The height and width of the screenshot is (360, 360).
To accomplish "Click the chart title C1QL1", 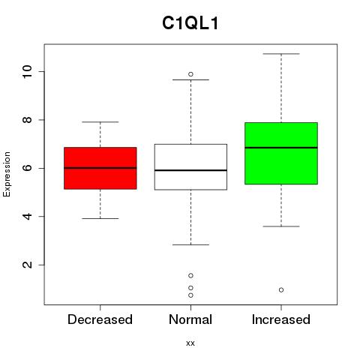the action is point(190,23).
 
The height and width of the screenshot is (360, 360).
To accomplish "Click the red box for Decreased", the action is point(100,168).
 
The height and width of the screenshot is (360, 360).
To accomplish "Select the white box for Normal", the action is point(190,167).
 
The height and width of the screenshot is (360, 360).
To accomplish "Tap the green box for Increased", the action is point(281,153).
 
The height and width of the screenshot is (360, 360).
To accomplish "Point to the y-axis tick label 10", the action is point(28,71).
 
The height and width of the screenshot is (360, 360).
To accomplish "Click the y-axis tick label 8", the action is point(28,120).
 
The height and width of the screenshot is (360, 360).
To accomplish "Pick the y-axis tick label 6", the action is point(28,168).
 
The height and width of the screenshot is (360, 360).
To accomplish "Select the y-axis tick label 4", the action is point(28,216).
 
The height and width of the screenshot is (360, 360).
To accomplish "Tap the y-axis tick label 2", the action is point(28,265).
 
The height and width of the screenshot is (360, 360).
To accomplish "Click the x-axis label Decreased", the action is point(100,319).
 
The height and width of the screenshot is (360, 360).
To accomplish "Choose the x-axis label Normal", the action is point(190,319).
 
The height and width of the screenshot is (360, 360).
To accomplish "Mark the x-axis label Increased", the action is point(281,319).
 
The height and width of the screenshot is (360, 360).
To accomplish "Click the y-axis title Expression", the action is point(7,174).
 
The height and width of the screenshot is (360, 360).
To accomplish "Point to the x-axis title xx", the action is point(190,343).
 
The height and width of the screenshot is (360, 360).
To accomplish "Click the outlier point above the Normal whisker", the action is point(190,74).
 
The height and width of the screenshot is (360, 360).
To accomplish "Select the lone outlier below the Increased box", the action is point(281,290).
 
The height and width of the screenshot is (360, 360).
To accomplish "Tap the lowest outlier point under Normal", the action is point(190,295).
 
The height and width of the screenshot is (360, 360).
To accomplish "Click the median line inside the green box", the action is point(281,148).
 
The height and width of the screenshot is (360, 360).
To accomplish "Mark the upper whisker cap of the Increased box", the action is point(281,54).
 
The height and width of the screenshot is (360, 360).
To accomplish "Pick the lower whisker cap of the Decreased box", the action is point(100,218).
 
